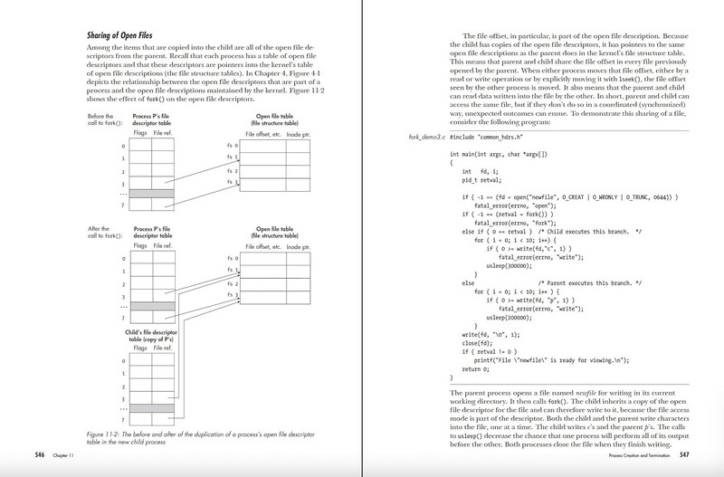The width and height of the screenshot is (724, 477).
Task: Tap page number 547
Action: tap(684, 453)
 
